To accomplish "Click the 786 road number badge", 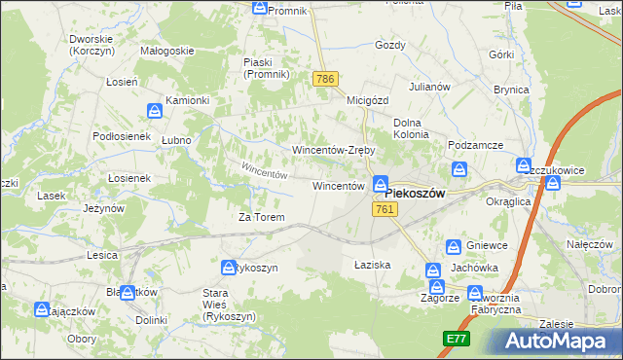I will click(x=325, y=78).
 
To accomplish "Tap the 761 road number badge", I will click(x=384, y=210).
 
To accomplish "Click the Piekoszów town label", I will click(x=408, y=194).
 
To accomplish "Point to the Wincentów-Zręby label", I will click(x=334, y=151).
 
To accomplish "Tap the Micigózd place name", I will click(x=368, y=99).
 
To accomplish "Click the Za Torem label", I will click(x=262, y=217).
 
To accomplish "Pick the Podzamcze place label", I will click(x=475, y=145).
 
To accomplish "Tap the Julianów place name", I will click(x=429, y=86).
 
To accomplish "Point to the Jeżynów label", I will click(x=103, y=208).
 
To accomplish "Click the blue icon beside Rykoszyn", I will click(x=228, y=268).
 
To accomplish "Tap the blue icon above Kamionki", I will click(x=154, y=112).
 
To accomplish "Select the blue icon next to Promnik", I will click(x=259, y=9).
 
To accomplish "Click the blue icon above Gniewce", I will click(x=454, y=247).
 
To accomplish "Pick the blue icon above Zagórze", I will click(x=437, y=287).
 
